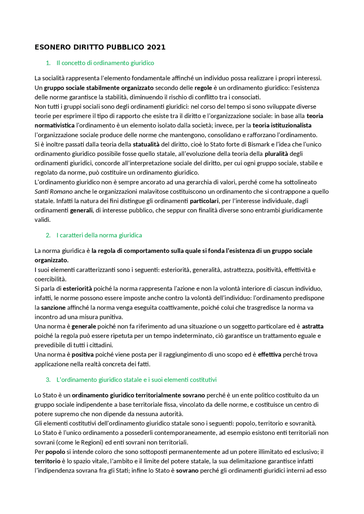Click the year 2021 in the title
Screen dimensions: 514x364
click(x=156, y=47)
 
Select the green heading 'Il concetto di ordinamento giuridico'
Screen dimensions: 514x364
click(x=105, y=63)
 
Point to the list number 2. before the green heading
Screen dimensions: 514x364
click(x=48, y=235)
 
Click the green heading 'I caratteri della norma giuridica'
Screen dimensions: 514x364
click(x=99, y=235)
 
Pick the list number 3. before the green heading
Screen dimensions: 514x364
click(x=48, y=380)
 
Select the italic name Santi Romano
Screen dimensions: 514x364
click(x=53, y=192)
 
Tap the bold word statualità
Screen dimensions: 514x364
click(x=146, y=144)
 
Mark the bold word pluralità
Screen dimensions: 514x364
click(x=276, y=154)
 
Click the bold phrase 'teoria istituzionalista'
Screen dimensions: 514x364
click(x=282, y=125)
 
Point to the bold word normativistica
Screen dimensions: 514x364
click(x=55, y=125)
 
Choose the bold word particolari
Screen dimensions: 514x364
click(x=204, y=201)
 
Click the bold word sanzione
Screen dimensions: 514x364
click(x=53, y=308)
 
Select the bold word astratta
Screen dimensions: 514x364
click(x=313, y=326)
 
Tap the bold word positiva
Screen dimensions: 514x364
click(x=82, y=354)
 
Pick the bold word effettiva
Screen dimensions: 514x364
click(x=269, y=354)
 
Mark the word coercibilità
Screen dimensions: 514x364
click(x=50, y=279)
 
